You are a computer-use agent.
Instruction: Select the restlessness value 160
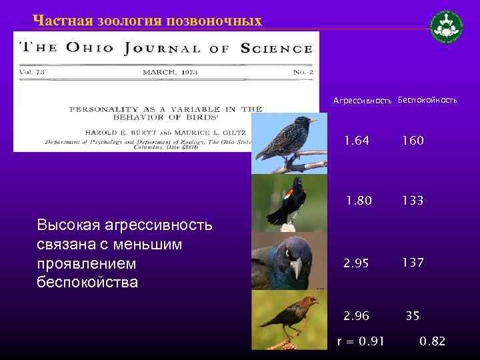(412, 141)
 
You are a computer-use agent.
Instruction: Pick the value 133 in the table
(412, 201)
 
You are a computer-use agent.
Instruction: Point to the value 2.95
(356, 263)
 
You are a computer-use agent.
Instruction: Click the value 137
(412, 263)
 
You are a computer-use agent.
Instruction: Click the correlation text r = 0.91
(361, 342)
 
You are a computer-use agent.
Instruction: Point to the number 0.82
(433, 342)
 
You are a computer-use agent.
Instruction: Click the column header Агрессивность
(362, 101)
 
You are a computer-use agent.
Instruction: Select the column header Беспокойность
(427, 100)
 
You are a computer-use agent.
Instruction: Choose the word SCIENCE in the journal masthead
(276, 48)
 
